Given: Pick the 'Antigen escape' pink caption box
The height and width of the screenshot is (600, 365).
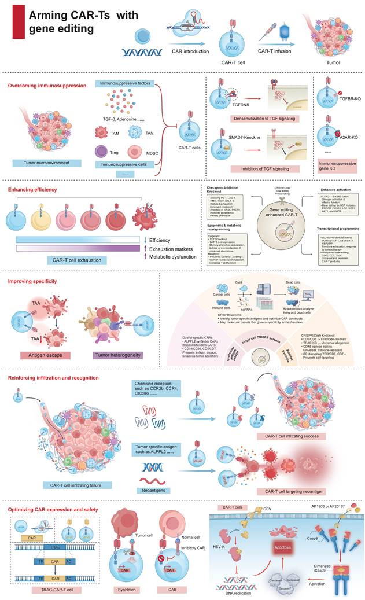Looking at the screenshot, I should coord(38,336).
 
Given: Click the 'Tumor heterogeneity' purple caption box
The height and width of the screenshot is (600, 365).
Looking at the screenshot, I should coord(108,336).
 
